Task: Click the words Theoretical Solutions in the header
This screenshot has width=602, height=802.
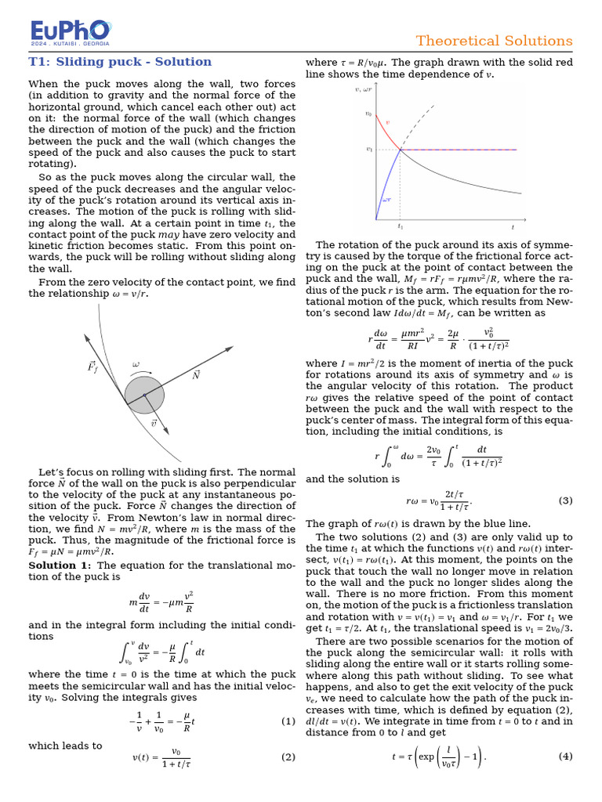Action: [x=494, y=41]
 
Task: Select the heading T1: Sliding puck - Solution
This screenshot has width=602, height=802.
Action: [x=120, y=62]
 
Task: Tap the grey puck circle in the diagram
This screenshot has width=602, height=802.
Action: [x=144, y=395]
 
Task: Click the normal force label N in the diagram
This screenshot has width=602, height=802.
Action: [x=197, y=375]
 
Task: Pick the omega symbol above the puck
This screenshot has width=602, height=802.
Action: [x=136, y=364]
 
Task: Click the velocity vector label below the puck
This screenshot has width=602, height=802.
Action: [x=154, y=424]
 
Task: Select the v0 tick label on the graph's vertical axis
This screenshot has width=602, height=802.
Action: [x=368, y=114]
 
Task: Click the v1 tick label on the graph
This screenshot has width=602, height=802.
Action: [x=368, y=149]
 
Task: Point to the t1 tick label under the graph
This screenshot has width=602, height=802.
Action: [x=400, y=227]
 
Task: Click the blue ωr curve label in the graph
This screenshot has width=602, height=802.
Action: [x=386, y=200]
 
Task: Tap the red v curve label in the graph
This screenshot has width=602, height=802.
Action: [x=386, y=123]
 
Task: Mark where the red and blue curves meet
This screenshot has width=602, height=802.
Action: [x=401, y=149]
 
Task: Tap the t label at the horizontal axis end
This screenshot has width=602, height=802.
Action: [x=513, y=227]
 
